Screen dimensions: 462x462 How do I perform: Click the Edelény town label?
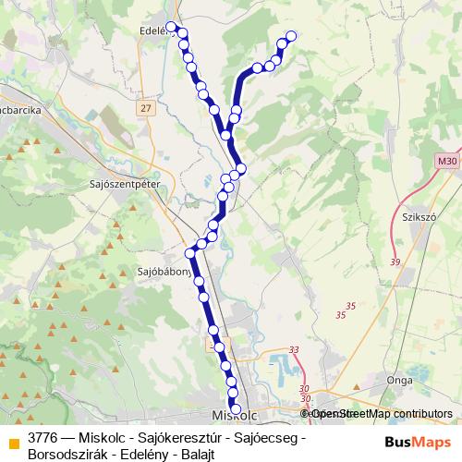(x=153, y=29)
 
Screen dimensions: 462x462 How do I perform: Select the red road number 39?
(x=395, y=262)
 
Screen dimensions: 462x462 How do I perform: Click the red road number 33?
(x=294, y=349)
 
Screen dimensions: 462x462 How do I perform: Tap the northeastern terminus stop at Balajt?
(x=292, y=36)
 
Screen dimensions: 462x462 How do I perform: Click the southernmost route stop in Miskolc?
(x=235, y=409)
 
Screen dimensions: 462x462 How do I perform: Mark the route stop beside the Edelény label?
(x=171, y=26)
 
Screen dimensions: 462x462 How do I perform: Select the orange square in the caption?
(x=13, y=443)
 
